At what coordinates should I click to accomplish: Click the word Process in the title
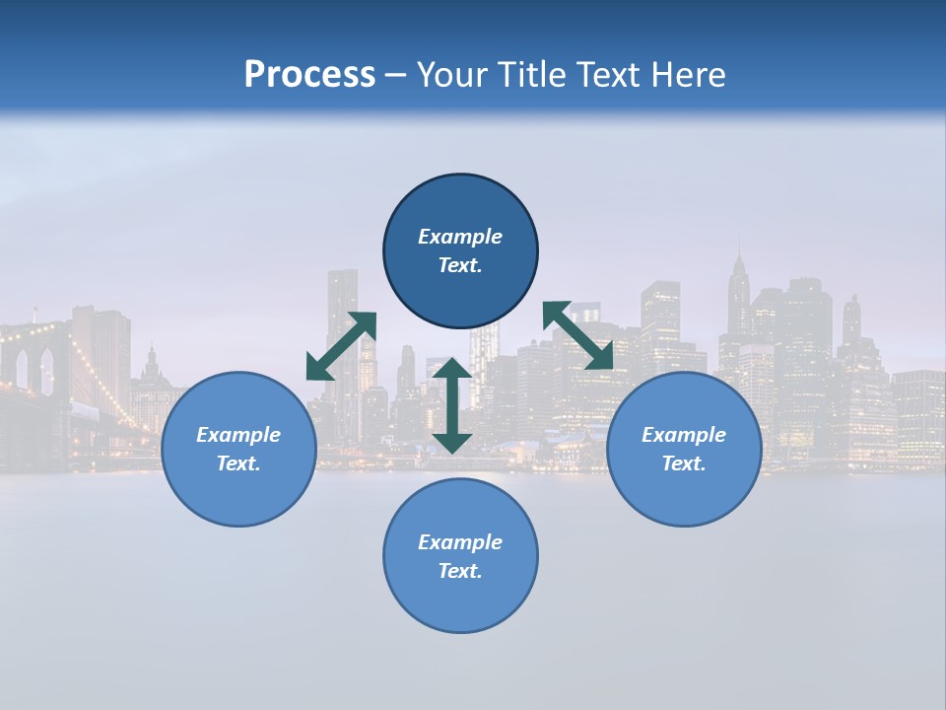click(x=309, y=75)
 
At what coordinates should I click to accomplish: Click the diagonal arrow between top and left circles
click(x=341, y=346)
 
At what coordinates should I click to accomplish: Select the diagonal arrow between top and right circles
click(x=577, y=335)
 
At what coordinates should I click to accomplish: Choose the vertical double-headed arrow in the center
click(x=452, y=405)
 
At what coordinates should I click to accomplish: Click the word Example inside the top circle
click(x=460, y=237)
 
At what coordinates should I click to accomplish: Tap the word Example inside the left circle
click(x=238, y=435)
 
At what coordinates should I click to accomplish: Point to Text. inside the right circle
click(x=684, y=463)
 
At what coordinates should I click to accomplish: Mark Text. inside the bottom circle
click(x=460, y=571)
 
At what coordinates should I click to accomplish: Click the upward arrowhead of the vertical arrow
click(x=452, y=370)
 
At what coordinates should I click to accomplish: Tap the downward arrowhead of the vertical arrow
click(x=452, y=441)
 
